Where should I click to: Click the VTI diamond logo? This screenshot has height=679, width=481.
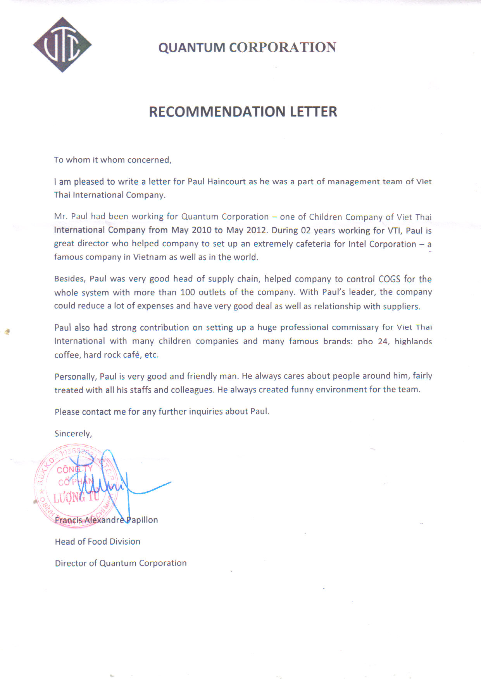62,45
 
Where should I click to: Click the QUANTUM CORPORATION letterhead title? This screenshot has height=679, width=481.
247,47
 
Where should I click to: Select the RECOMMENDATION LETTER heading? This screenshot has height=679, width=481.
243,111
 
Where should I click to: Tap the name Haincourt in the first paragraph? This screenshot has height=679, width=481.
226,182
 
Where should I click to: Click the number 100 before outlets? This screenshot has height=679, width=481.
188,292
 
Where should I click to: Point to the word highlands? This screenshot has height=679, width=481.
413,341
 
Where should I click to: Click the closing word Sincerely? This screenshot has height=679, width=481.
73,434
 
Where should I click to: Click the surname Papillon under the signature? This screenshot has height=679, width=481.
142,520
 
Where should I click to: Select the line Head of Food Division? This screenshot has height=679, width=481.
98,542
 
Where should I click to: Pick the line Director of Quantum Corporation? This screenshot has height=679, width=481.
121,563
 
